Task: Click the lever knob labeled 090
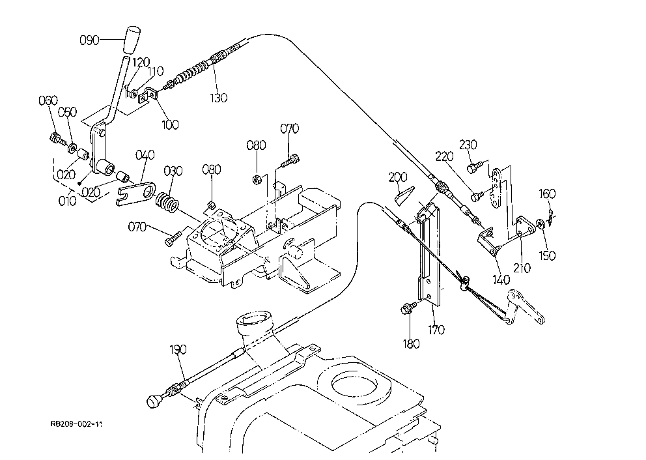point(132,40)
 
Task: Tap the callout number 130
point(218,98)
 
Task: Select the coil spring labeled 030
point(167,203)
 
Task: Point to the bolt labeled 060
point(56,139)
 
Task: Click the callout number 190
point(178,349)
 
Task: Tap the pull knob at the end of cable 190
point(154,401)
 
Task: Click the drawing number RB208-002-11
point(76,424)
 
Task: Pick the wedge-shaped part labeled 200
point(404,195)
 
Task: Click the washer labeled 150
point(540,225)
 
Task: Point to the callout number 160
point(547,194)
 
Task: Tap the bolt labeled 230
point(473,167)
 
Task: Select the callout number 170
point(436,330)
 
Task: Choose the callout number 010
point(67,201)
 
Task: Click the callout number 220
point(444,156)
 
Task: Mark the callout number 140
point(501,280)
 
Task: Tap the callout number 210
point(522,268)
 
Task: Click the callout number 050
point(67,112)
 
